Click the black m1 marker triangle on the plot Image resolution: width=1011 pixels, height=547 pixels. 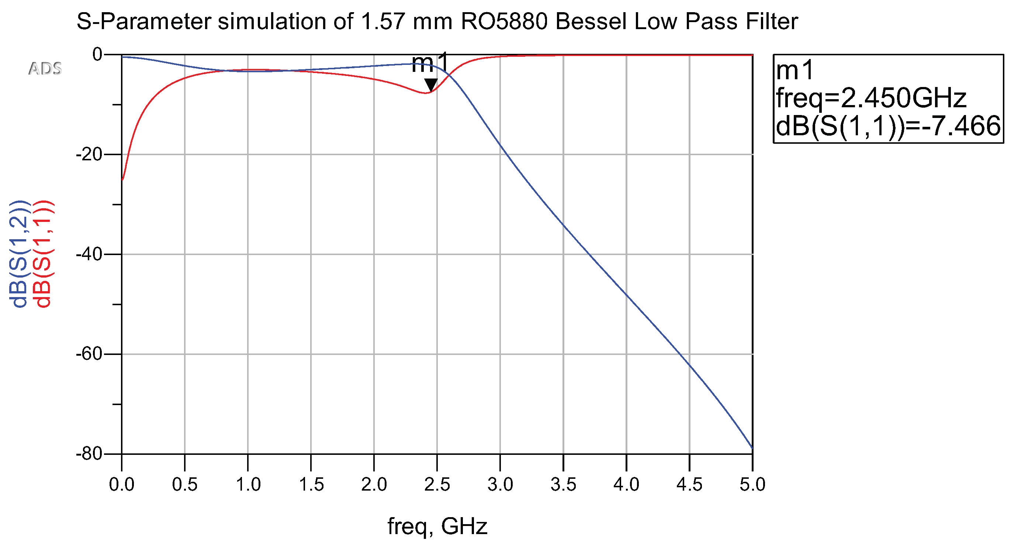431,84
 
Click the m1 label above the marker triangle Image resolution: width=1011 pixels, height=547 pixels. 429,63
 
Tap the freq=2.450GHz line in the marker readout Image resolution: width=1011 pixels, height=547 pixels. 870,98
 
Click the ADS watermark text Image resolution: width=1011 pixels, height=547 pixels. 45,69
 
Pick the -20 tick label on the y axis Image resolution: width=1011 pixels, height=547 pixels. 89,155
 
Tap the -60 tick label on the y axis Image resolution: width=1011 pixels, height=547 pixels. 89,354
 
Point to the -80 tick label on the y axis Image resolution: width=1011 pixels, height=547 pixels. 89,454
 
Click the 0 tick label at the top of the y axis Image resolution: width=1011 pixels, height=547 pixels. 97,55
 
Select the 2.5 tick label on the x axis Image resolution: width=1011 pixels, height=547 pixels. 437,485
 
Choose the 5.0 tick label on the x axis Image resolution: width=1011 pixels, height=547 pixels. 752,485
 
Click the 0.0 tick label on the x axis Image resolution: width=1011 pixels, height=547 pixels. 122,485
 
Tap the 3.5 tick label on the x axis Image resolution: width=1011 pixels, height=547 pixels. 563,485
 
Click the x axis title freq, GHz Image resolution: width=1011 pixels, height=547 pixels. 437,526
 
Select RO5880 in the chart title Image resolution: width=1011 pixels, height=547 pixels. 504,22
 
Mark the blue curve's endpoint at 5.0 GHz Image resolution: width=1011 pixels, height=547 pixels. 752,447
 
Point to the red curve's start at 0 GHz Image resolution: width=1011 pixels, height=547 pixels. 122,180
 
